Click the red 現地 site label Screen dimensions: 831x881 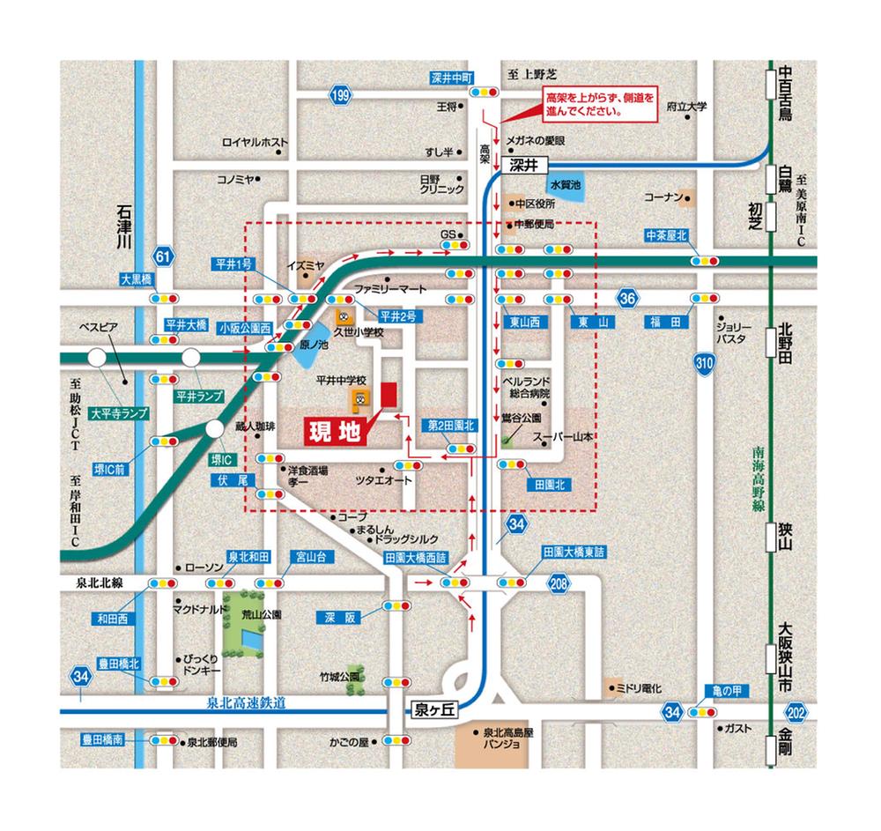coord(335,432)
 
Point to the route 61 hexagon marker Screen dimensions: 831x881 coord(161,256)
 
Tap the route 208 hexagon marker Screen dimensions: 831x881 coord(558,582)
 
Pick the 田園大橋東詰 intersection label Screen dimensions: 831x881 coord(574,553)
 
